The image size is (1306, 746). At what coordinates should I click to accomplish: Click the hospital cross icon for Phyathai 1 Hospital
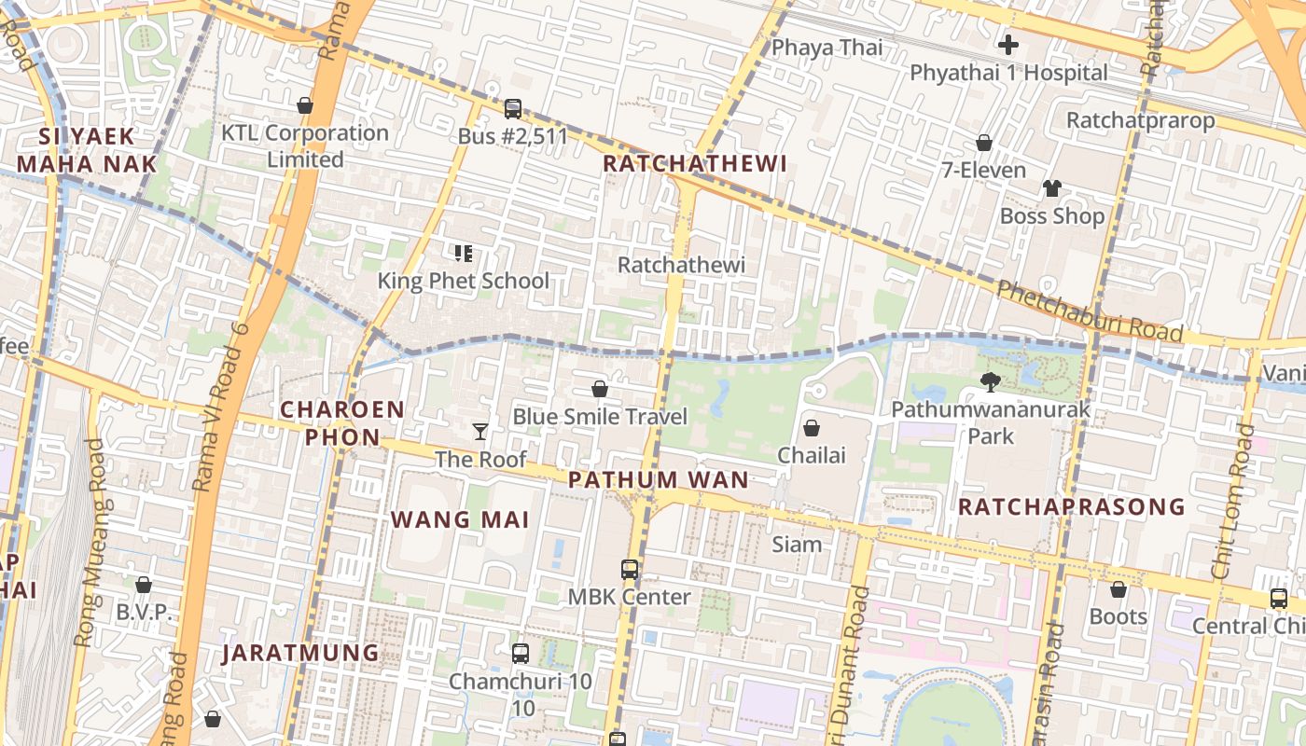1007,44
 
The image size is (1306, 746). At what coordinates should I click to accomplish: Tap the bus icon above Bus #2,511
512,108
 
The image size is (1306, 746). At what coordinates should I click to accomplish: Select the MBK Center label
631,597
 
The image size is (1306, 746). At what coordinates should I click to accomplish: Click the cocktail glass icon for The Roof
480,431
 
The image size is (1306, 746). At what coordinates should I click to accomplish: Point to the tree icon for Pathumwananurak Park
990,380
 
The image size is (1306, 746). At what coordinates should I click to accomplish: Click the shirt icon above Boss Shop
1052,187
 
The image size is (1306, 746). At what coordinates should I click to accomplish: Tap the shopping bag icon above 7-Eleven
983,143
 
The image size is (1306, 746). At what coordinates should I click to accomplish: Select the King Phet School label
463,281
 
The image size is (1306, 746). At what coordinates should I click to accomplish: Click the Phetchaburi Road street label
1090,311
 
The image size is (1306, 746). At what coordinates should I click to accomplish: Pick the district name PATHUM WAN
658,480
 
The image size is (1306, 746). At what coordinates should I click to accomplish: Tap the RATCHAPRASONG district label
1072,507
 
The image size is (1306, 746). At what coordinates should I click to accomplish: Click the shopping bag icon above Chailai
812,428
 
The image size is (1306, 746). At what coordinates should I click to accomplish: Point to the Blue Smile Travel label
600,416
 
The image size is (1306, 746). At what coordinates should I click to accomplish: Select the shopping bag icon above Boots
1118,589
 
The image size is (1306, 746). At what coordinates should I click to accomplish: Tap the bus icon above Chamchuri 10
521,654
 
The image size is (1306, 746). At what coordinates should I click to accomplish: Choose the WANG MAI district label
460,519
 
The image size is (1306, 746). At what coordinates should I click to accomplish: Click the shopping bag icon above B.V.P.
144,585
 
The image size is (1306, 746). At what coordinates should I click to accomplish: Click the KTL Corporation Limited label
304,145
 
